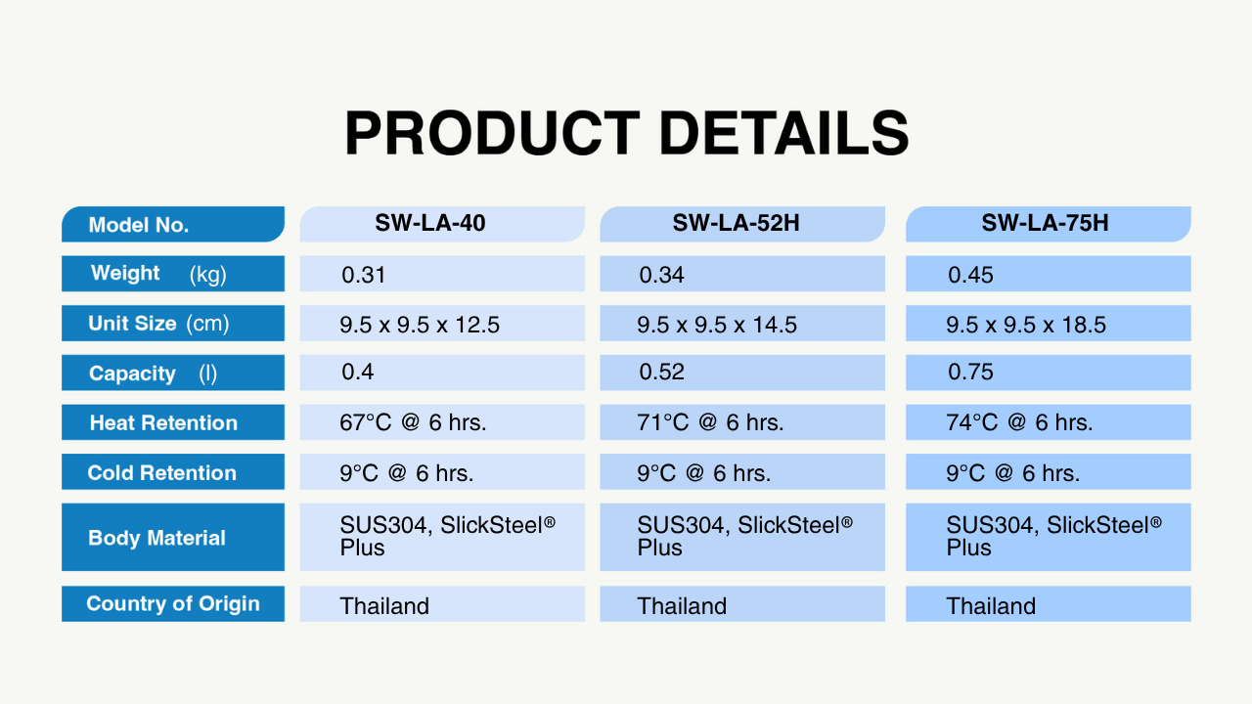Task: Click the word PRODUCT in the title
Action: click(492, 133)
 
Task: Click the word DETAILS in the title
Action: click(784, 133)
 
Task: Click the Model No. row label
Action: click(139, 225)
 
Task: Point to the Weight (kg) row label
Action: click(158, 274)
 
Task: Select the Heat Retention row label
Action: click(163, 423)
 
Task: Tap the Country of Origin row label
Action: click(173, 604)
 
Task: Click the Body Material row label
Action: click(156, 538)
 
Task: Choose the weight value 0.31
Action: click(363, 275)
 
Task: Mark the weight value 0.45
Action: click(970, 275)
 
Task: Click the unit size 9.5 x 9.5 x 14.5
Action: click(717, 325)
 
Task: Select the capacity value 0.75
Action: click(970, 373)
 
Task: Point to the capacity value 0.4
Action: click(358, 373)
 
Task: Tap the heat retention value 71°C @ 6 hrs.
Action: click(710, 422)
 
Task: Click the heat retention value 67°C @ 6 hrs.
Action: click(413, 422)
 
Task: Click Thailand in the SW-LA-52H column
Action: click(682, 606)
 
